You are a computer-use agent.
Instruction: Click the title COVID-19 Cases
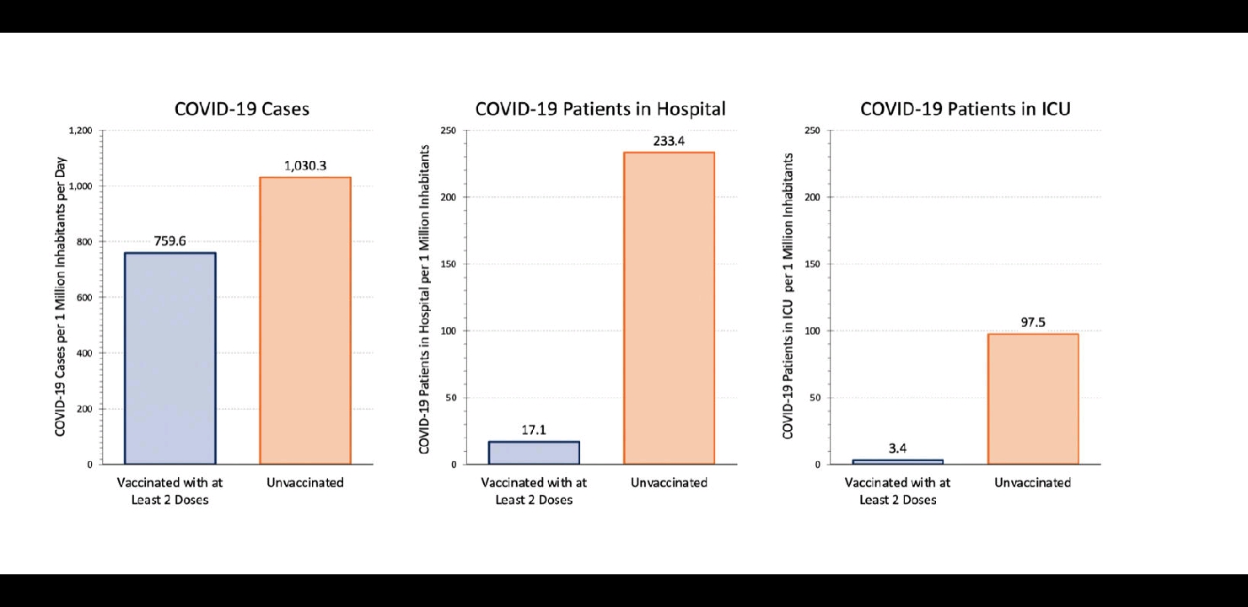[x=241, y=109]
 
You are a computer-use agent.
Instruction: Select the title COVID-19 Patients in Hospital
[x=600, y=109]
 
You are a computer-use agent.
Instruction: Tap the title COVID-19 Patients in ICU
[x=965, y=109]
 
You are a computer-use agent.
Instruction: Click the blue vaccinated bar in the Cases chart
[x=169, y=358]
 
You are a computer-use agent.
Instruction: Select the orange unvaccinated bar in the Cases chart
[x=304, y=320]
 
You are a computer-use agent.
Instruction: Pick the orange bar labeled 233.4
[x=669, y=308]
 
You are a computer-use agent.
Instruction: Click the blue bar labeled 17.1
[x=534, y=453]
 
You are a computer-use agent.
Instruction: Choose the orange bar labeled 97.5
[x=1033, y=399]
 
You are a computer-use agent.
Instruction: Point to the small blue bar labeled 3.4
[x=897, y=461]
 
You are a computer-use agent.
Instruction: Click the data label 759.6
[x=169, y=241]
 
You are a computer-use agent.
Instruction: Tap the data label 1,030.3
[x=304, y=166]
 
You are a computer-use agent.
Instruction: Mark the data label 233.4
[x=669, y=141]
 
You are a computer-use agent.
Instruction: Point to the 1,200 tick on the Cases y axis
[x=80, y=131]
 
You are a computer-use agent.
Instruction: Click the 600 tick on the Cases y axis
[x=84, y=298]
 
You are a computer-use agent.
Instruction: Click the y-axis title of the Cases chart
[x=61, y=297]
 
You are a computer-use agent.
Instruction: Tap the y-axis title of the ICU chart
[x=788, y=297]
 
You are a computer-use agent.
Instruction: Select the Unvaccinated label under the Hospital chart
[x=669, y=483]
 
